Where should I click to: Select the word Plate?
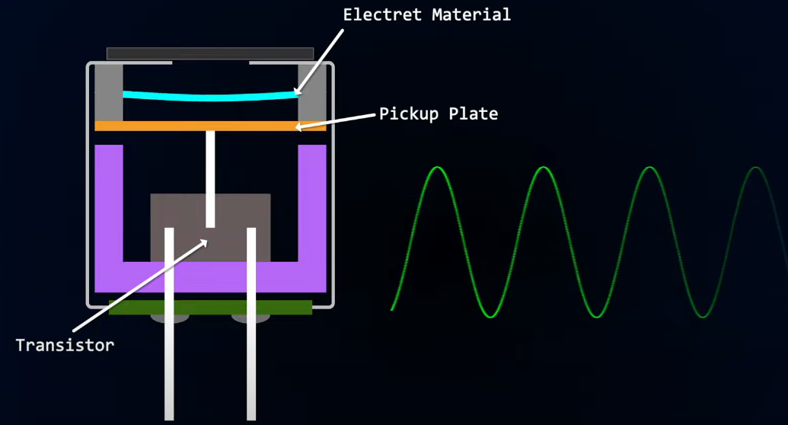473,114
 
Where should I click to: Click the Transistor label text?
65,345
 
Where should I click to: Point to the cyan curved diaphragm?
209,97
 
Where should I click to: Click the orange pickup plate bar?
152,126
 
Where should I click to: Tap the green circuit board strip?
210,307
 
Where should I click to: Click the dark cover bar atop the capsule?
210,53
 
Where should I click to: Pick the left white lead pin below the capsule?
169,366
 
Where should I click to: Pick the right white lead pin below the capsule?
251,366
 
